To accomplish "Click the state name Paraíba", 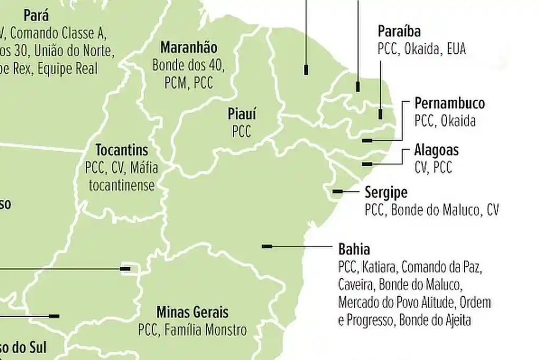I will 399,31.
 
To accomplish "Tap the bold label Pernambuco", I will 449,103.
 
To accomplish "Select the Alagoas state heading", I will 436,150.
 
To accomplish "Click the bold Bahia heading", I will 354,249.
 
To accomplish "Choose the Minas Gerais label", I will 192,312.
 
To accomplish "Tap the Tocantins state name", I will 122,150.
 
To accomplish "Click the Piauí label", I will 242,113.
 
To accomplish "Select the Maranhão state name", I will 188,47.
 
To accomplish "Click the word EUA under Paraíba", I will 456,49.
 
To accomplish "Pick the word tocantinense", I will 122,186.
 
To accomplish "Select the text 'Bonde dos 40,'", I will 188,66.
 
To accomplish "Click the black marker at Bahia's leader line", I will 267,246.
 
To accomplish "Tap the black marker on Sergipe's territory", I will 337,191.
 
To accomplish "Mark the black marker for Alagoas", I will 367,164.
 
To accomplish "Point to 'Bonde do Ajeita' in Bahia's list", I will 435,320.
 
